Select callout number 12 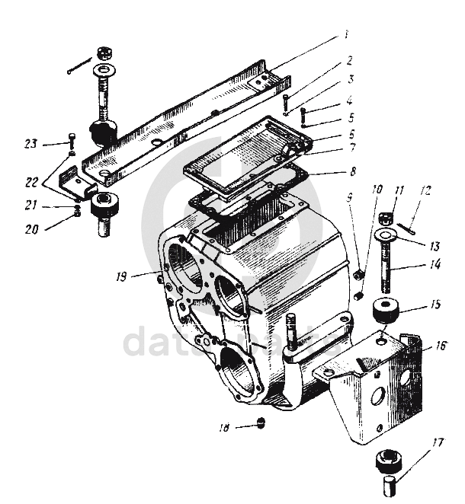click(x=426, y=192)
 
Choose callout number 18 click(x=224, y=428)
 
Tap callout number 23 click(x=51, y=143)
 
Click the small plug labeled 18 click(x=262, y=423)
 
